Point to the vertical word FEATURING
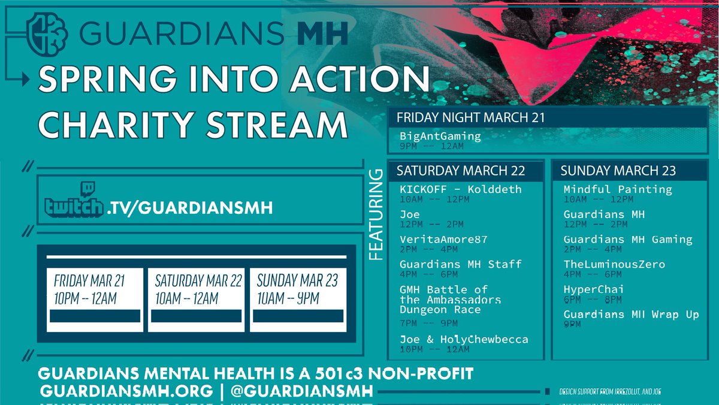(x=376, y=215)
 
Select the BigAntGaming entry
(x=440, y=136)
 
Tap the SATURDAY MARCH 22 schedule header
(x=461, y=171)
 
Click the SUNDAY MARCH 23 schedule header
(x=618, y=171)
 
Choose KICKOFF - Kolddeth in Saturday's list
(x=461, y=189)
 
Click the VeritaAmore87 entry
(x=443, y=239)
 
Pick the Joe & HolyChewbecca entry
(x=464, y=339)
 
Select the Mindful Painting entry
(x=618, y=189)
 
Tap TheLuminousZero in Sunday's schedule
(x=614, y=264)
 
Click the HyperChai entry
(x=594, y=289)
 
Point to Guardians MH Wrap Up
(x=631, y=314)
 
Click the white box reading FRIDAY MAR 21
(x=95, y=289)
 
